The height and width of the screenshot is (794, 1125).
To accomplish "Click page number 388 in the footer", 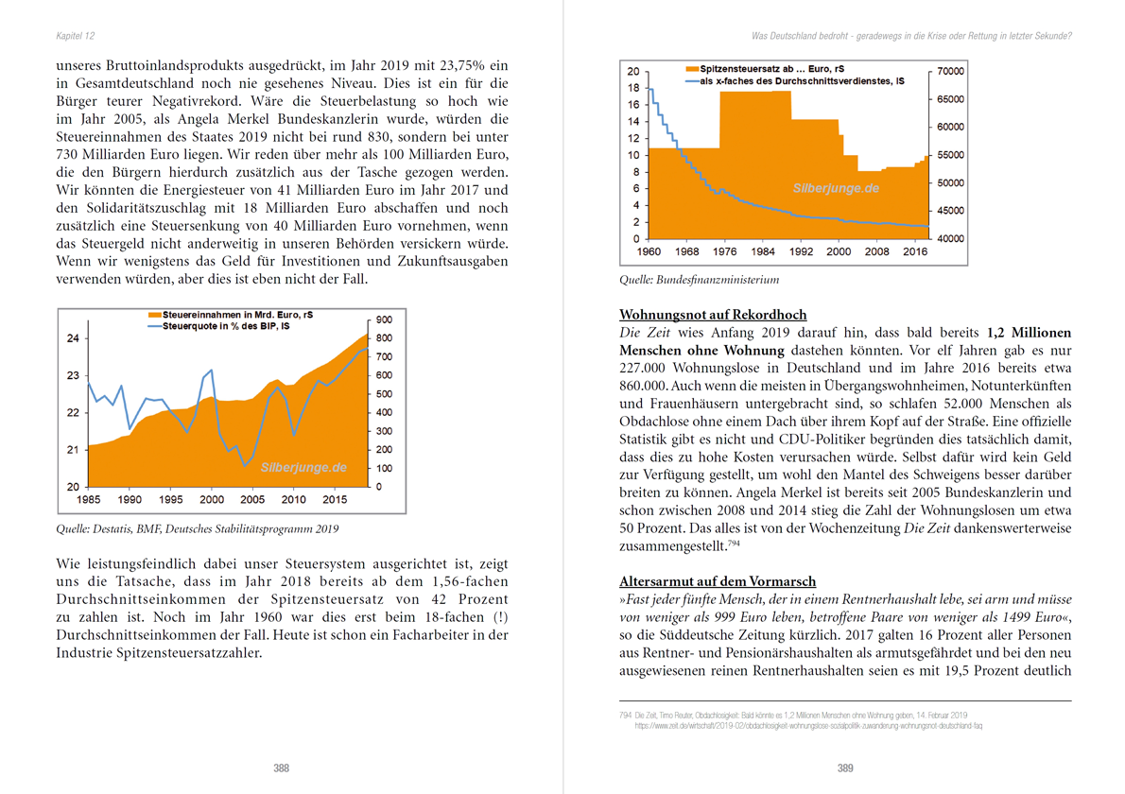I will [x=281, y=768].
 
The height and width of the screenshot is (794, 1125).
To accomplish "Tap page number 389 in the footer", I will [x=845, y=768].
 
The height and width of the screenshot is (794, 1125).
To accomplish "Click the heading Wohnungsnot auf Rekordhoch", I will [x=713, y=315].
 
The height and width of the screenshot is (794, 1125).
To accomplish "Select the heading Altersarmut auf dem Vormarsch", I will [x=718, y=581].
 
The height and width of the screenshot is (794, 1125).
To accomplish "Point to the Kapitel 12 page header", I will [x=75, y=36].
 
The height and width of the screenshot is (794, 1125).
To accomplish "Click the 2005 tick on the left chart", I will [x=252, y=499].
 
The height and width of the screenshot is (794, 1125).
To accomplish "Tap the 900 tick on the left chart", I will [x=384, y=319].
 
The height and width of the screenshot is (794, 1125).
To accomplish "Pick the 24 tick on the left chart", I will [x=73, y=338].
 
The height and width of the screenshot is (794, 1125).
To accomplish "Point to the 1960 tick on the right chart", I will [x=649, y=252].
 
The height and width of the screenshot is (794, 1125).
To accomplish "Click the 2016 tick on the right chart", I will [x=915, y=252].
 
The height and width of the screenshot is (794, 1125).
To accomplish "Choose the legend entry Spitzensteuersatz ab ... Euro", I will [x=766, y=70].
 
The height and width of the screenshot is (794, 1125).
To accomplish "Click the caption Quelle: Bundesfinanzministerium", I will [x=700, y=280].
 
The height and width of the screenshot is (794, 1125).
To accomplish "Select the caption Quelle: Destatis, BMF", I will [x=198, y=529].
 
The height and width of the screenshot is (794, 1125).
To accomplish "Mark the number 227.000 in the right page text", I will [x=644, y=369].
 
